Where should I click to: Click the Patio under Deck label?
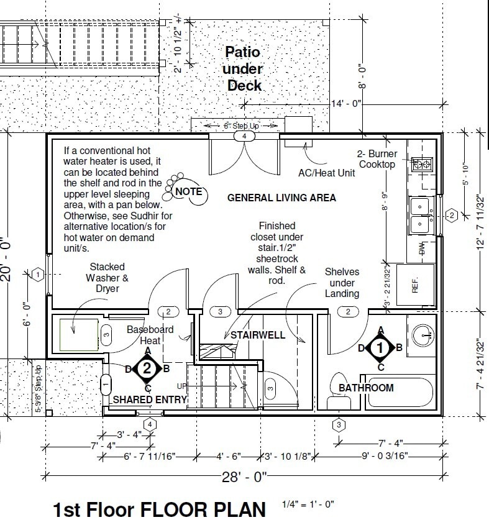(x=244, y=69)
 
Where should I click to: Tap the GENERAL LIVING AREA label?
(x=281, y=198)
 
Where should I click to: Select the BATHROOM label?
(x=366, y=388)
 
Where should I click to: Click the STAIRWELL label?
(x=257, y=335)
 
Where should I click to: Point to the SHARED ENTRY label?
(x=149, y=400)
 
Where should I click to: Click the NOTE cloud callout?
(x=187, y=191)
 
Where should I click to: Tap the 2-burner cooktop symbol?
(x=423, y=163)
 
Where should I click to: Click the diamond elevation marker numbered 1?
(x=380, y=348)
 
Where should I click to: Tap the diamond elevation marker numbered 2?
(x=147, y=368)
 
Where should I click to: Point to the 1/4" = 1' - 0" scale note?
(x=308, y=504)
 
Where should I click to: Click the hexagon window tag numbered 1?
(x=38, y=273)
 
